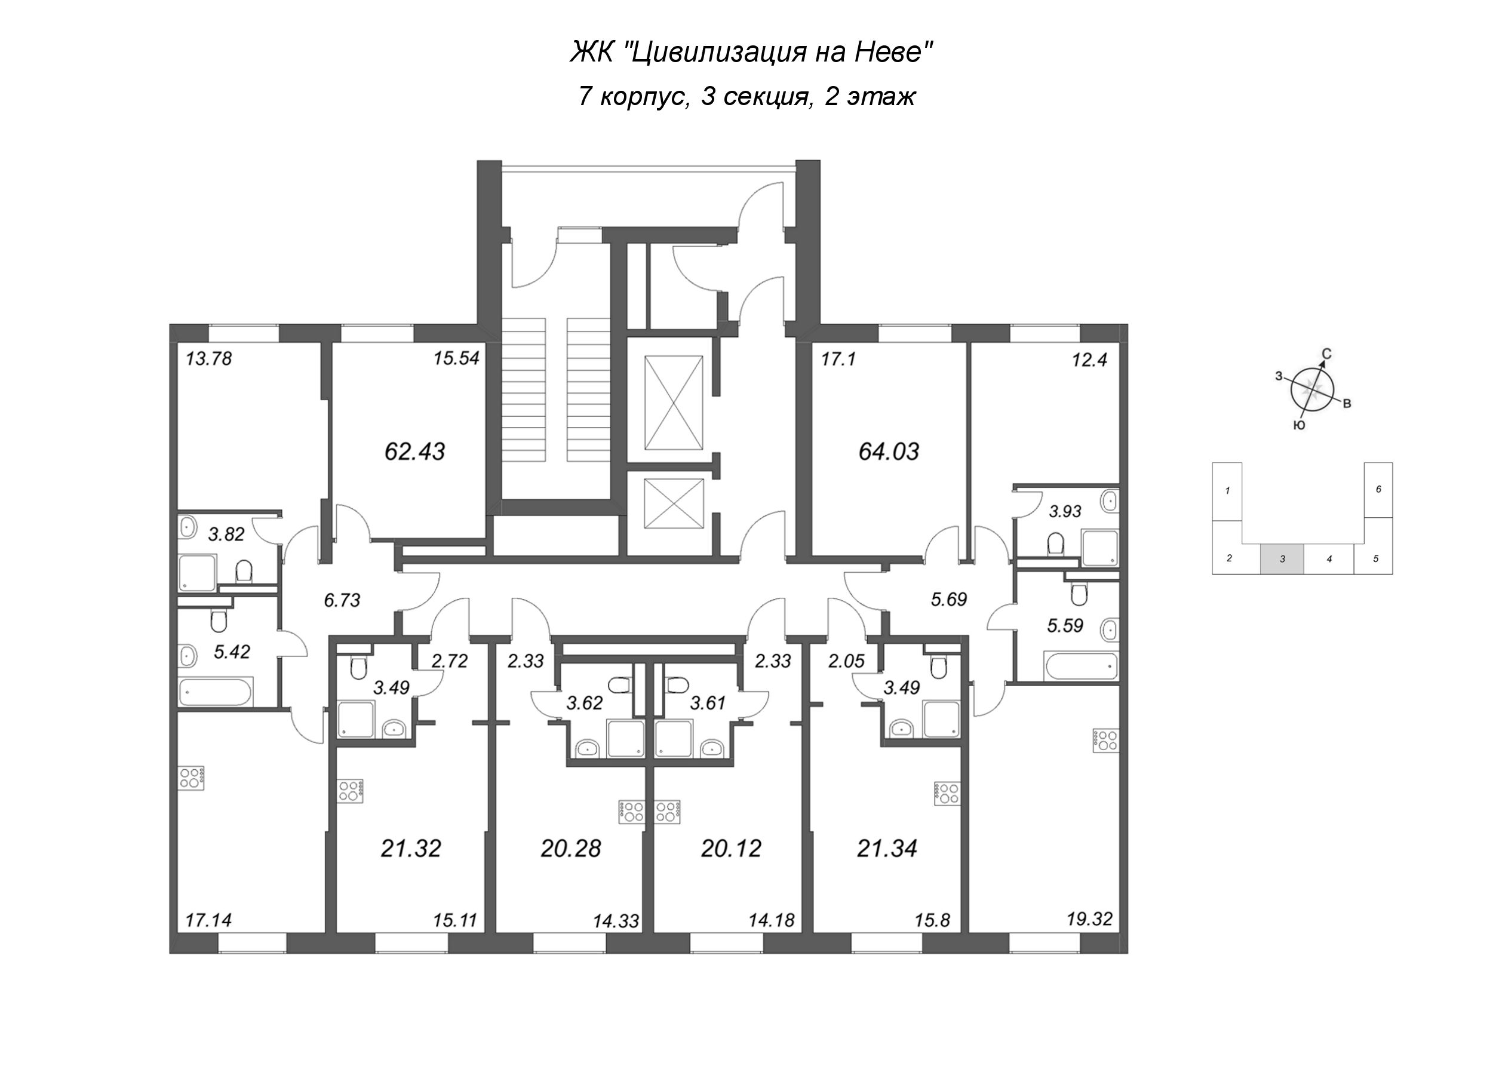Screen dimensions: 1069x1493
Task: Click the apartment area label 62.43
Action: (x=414, y=451)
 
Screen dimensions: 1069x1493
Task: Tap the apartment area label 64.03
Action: (x=889, y=451)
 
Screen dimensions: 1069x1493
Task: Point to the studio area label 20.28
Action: (x=571, y=849)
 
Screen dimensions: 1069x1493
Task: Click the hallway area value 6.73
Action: (x=342, y=600)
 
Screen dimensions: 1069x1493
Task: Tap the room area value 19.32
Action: (x=1089, y=919)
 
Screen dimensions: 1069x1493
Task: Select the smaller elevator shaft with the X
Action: (x=674, y=503)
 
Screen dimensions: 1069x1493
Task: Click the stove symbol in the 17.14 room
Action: (x=193, y=778)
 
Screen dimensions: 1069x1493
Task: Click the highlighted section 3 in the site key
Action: (x=1282, y=559)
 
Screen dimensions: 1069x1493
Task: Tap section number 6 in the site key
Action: (x=1378, y=489)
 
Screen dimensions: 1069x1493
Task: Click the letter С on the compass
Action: (x=1327, y=354)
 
